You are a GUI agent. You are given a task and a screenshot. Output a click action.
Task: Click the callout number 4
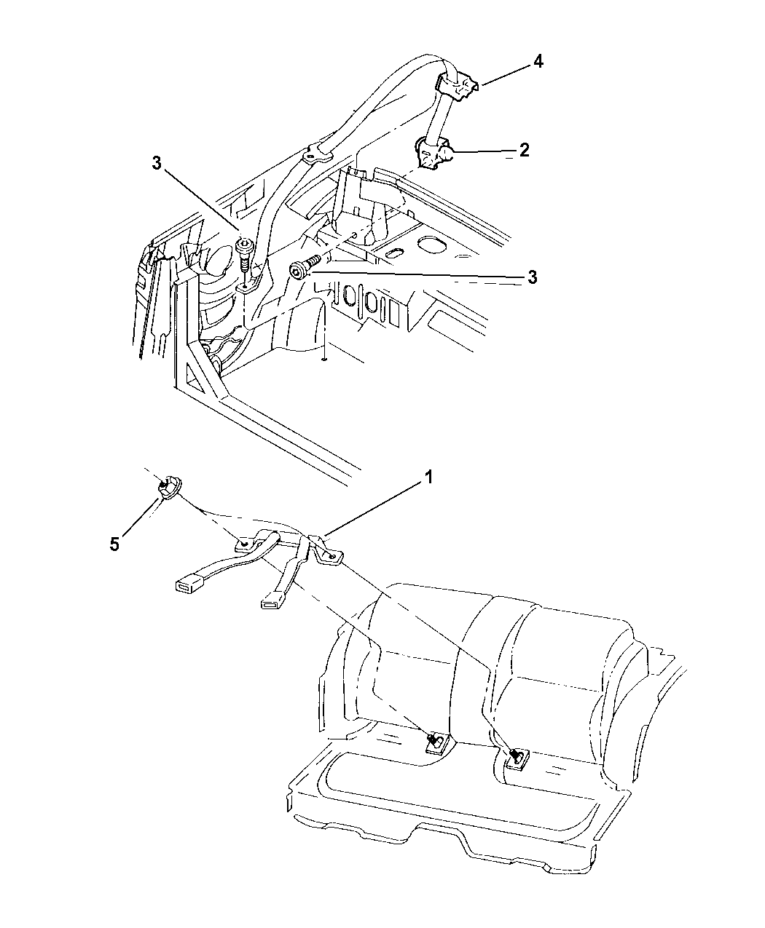click(537, 62)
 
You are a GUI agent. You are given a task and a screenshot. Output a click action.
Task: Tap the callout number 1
click(429, 477)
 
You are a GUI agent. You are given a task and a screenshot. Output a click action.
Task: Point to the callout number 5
click(114, 544)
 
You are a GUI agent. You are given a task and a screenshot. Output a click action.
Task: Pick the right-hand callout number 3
click(533, 277)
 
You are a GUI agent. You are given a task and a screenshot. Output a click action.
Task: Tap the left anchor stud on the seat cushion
click(434, 741)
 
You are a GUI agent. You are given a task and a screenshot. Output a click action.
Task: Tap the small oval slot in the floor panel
click(394, 253)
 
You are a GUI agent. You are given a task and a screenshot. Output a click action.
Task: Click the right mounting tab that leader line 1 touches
click(324, 552)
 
